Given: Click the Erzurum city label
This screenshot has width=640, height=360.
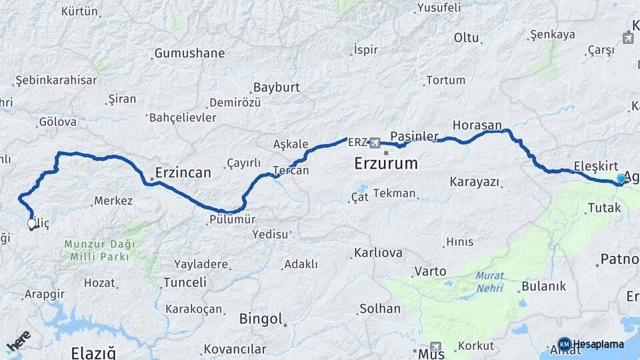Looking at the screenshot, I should [386, 163].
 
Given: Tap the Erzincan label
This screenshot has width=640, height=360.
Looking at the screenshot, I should [183, 173].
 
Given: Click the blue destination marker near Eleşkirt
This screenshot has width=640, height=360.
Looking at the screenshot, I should [621, 179].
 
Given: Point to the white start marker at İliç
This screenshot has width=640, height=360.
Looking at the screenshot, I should [31, 225].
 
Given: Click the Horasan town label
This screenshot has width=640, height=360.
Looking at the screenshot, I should [477, 125].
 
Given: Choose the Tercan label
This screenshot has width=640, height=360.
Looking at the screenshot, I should [292, 171].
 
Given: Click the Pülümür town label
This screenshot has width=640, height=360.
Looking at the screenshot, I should [232, 219].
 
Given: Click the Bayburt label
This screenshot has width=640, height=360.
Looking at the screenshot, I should [277, 87].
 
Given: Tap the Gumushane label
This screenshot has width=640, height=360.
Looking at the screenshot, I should [189, 53].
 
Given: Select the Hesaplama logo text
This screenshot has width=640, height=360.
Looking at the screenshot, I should [598, 345].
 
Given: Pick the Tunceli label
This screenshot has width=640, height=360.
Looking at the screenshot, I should [185, 282].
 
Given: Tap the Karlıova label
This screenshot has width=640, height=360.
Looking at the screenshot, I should [378, 253].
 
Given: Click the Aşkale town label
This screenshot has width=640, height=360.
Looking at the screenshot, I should [291, 144].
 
